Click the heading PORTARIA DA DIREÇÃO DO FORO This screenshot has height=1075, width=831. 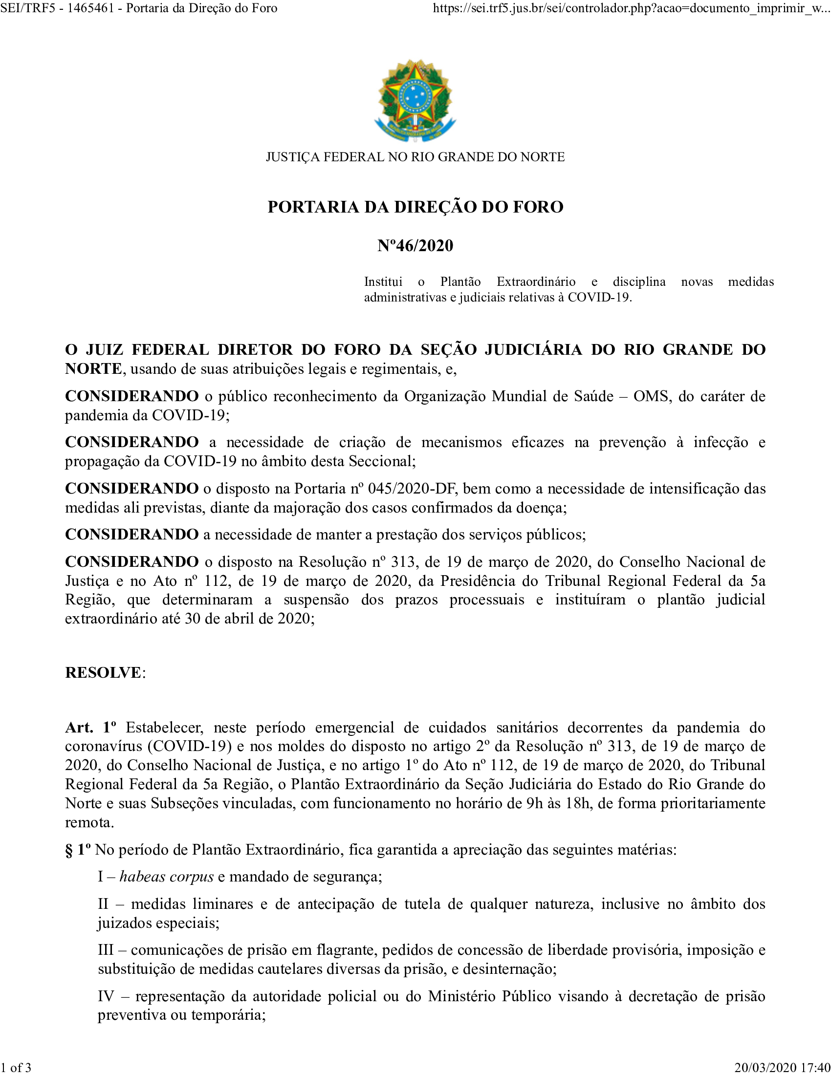point(415,207)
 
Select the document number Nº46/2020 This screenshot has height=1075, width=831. point(415,245)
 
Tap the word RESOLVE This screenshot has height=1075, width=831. point(103,672)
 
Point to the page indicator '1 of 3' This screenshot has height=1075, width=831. point(16,1067)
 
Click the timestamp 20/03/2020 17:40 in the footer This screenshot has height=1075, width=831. point(782,1067)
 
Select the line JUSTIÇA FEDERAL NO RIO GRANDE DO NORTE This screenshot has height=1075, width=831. point(415,157)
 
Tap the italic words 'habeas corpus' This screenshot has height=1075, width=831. point(166,877)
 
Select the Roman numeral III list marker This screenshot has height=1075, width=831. point(106,950)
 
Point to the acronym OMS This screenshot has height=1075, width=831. point(652,396)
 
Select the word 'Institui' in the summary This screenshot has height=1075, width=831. point(383,282)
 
